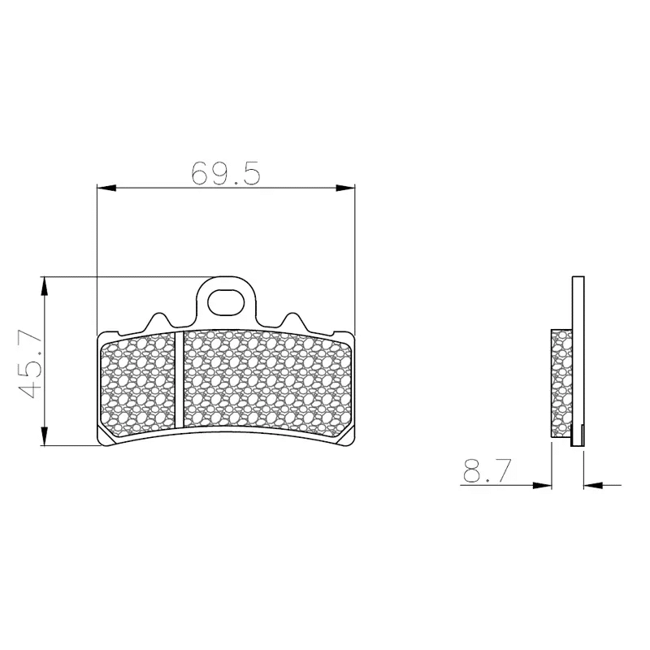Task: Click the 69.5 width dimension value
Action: pos(226,173)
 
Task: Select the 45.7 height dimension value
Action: pos(30,363)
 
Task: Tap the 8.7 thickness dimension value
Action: pos(484,471)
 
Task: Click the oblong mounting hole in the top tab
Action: pos(225,303)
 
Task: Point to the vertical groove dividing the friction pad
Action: pos(179,379)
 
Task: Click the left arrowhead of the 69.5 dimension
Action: pos(106,188)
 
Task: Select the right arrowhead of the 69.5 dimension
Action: pos(345,188)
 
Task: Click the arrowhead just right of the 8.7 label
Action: pos(542,485)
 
